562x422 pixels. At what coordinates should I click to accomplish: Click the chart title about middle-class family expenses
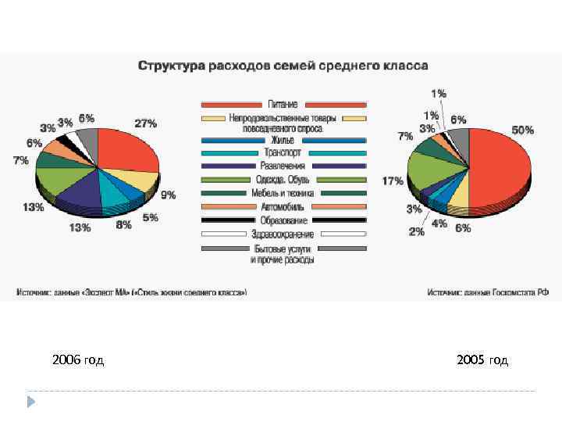tap(283, 66)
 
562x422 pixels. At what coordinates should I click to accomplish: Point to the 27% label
tap(145, 123)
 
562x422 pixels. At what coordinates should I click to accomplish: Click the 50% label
tap(522, 131)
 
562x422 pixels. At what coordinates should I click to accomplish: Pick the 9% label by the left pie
tap(168, 195)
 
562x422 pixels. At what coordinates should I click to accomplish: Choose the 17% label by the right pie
tap(392, 181)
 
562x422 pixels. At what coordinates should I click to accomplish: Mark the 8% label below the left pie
tap(123, 225)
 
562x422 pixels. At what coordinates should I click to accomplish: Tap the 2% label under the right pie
tap(417, 231)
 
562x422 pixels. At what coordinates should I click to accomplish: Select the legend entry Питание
tap(283, 104)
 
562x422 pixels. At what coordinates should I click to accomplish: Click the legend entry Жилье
tap(283, 140)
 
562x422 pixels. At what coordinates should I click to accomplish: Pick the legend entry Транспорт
tap(283, 153)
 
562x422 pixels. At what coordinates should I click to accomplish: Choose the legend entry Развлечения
tap(283, 166)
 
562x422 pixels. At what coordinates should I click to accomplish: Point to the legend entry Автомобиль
tap(283, 207)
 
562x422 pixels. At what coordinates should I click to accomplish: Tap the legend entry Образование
tap(283, 220)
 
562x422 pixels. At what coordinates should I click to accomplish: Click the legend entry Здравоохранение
tap(283, 234)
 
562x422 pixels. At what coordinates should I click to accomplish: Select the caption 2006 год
tap(78, 360)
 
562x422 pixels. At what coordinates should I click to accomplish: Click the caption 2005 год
tap(482, 360)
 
